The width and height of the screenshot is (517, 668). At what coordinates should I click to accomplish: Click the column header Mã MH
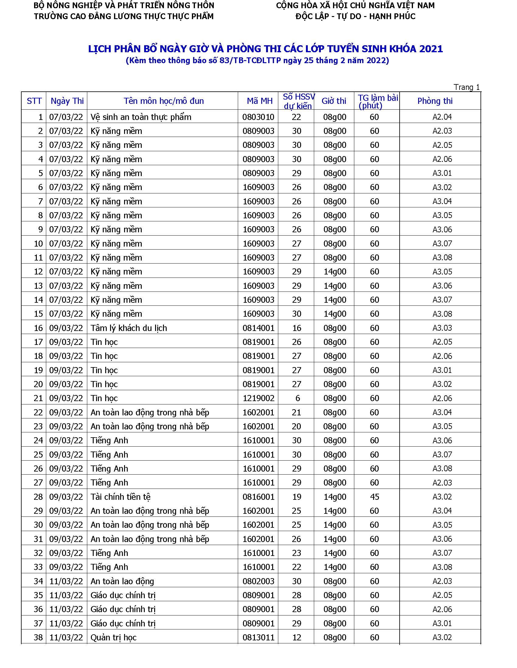(x=259, y=101)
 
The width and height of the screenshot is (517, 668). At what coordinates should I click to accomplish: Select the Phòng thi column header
(x=435, y=101)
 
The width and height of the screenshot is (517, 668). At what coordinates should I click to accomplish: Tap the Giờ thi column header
(x=334, y=101)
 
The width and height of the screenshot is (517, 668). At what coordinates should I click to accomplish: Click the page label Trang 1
(x=467, y=87)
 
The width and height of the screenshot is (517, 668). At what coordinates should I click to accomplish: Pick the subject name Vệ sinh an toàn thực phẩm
(x=141, y=117)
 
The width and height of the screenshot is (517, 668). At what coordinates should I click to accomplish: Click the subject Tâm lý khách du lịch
(x=129, y=328)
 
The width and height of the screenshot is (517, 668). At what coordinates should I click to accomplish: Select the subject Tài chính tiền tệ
(x=120, y=497)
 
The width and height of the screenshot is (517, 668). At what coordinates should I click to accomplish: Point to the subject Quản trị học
(x=113, y=637)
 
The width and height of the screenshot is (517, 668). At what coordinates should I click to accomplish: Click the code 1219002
(x=258, y=398)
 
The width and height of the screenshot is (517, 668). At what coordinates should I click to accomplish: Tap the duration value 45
(x=375, y=497)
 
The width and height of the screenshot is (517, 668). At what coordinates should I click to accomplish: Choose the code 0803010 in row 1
(x=258, y=117)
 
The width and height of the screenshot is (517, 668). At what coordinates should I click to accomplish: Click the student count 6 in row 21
(x=297, y=398)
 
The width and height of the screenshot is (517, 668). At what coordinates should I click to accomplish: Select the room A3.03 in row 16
(x=442, y=328)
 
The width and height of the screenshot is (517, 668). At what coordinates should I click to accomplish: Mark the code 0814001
(x=258, y=328)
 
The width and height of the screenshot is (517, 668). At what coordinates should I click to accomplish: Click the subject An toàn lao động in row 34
(x=122, y=581)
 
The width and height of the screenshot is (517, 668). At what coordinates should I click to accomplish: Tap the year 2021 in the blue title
(x=431, y=49)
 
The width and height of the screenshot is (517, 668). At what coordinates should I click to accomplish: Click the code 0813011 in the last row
(x=258, y=637)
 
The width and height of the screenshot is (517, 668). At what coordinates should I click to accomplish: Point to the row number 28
(x=38, y=497)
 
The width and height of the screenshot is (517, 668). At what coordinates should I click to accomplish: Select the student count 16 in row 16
(x=297, y=328)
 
